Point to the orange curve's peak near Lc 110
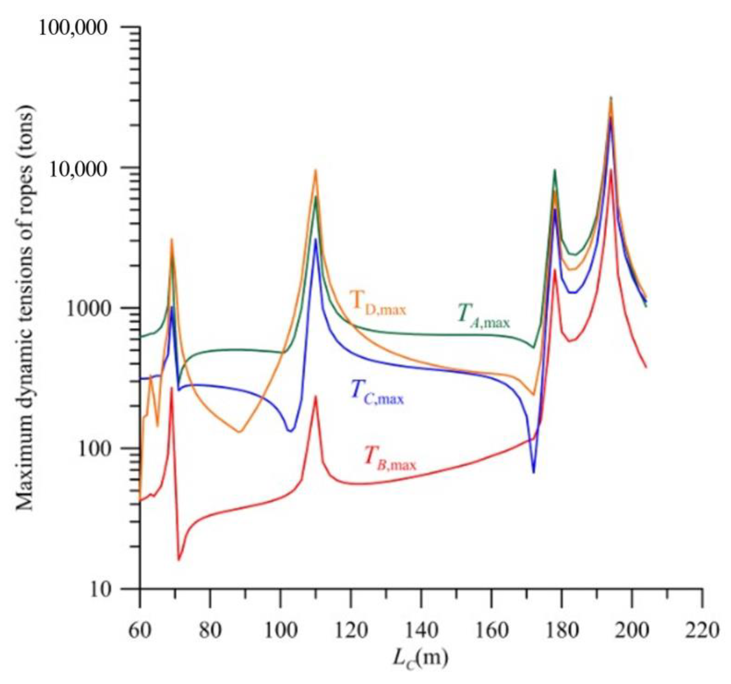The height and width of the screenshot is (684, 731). pyautogui.click(x=316, y=170)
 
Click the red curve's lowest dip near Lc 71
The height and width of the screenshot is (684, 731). pyautogui.click(x=179, y=560)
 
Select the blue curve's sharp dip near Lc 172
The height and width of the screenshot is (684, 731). pyautogui.click(x=534, y=472)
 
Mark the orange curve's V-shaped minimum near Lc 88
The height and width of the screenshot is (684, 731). pyautogui.click(x=239, y=432)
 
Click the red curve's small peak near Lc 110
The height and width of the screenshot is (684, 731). pyautogui.click(x=316, y=396)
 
